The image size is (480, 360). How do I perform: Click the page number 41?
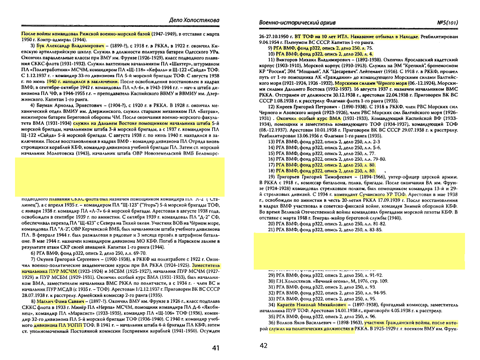215,348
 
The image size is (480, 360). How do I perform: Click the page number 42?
264,345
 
